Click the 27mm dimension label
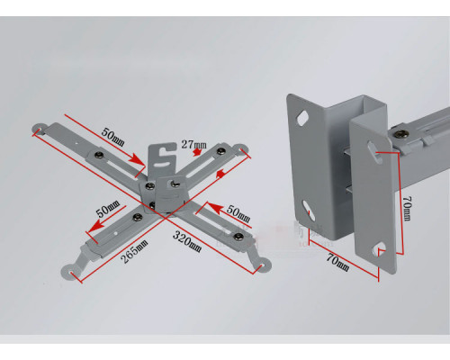click(x=193, y=145)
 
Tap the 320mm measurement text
click(x=187, y=242)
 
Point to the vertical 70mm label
click(x=407, y=209)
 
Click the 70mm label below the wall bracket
click(x=337, y=263)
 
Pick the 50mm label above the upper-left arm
click(x=112, y=137)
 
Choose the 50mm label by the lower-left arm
click(x=108, y=209)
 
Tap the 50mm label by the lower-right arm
click(x=238, y=213)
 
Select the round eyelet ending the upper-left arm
click(x=38, y=130)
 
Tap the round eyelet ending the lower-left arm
click(x=69, y=272)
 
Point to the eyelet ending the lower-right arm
click(x=263, y=265)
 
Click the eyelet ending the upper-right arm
click(x=241, y=149)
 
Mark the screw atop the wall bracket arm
click(x=400, y=134)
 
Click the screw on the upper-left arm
click(x=99, y=155)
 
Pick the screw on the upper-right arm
click(x=221, y=151)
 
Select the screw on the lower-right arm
click(x=238, y=236)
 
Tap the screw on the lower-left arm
click(x=138, y=217)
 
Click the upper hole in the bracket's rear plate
click(x=302, y=118)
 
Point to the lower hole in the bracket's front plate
click(x=379, y=248)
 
